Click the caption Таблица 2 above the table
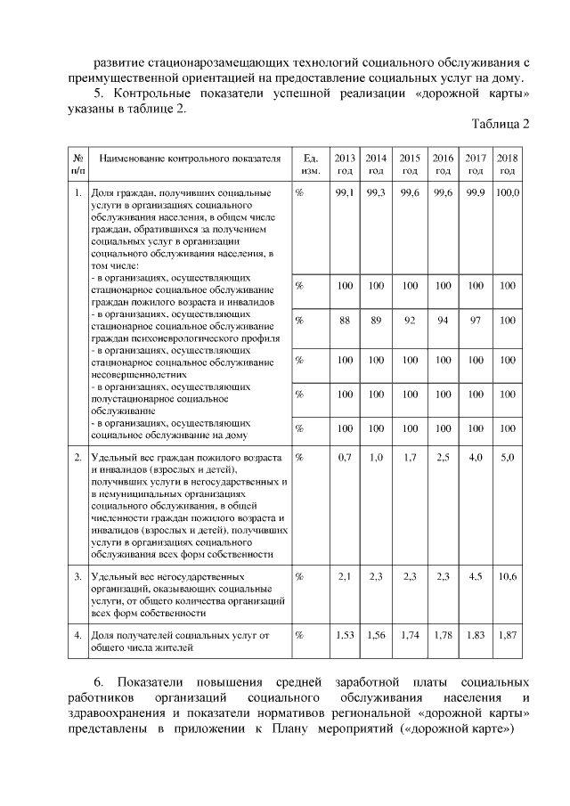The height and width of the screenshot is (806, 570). [501, 124]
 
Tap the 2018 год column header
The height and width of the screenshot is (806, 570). [508, 164]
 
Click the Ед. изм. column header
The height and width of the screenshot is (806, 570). [311, 164]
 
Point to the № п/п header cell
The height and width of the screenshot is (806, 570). [78, 164]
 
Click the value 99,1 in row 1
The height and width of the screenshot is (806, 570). [345, 192]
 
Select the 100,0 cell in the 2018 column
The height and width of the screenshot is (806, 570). [508, 192]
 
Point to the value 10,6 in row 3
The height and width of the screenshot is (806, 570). [508, 577]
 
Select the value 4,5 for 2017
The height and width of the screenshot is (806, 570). [476, 577]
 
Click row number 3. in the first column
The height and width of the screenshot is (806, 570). [78, 577]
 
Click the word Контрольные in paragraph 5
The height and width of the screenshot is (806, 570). [159, 94]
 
